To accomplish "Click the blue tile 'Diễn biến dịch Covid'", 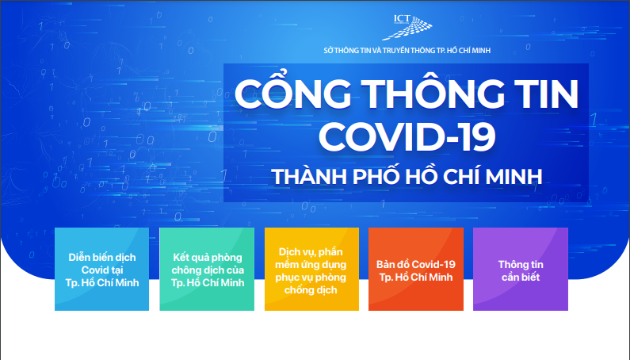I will [x=101, y=269].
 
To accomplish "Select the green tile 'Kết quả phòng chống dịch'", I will [x=206, y=269].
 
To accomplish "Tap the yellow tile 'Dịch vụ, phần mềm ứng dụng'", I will [x=311, y=269].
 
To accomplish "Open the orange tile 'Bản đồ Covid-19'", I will [x=416, y=269].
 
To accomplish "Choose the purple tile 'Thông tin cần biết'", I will [x=521, y=269].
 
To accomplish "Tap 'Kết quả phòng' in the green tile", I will [x=207, y=258].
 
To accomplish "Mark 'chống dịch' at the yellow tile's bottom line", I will [x=311, y=290].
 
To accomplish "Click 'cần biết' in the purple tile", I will [x=521, y=277].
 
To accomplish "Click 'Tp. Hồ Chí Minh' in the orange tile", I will [x=416, y=277].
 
